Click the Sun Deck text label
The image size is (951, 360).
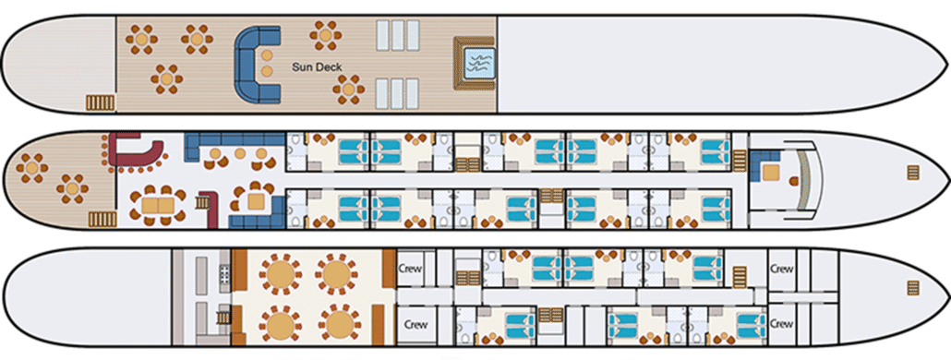(x=317, y=66)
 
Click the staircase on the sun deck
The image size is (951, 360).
(x=100, y=102)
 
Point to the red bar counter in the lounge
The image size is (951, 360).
(x=138, y=153)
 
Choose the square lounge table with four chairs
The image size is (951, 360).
(x=255, y=200)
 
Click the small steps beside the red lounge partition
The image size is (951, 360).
(x=201, y=202)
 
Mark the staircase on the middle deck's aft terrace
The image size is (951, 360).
(x=102, y=219)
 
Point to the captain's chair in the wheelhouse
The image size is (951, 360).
(x=793, y=180)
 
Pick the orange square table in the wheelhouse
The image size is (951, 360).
(x=771, y=174)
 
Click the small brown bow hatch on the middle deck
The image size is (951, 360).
(x=913, y=172)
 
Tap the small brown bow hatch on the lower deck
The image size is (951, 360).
(x=913, y=287)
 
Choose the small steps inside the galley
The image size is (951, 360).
(x=223, y=317)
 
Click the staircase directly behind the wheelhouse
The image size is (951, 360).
(x=740, y=162)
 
